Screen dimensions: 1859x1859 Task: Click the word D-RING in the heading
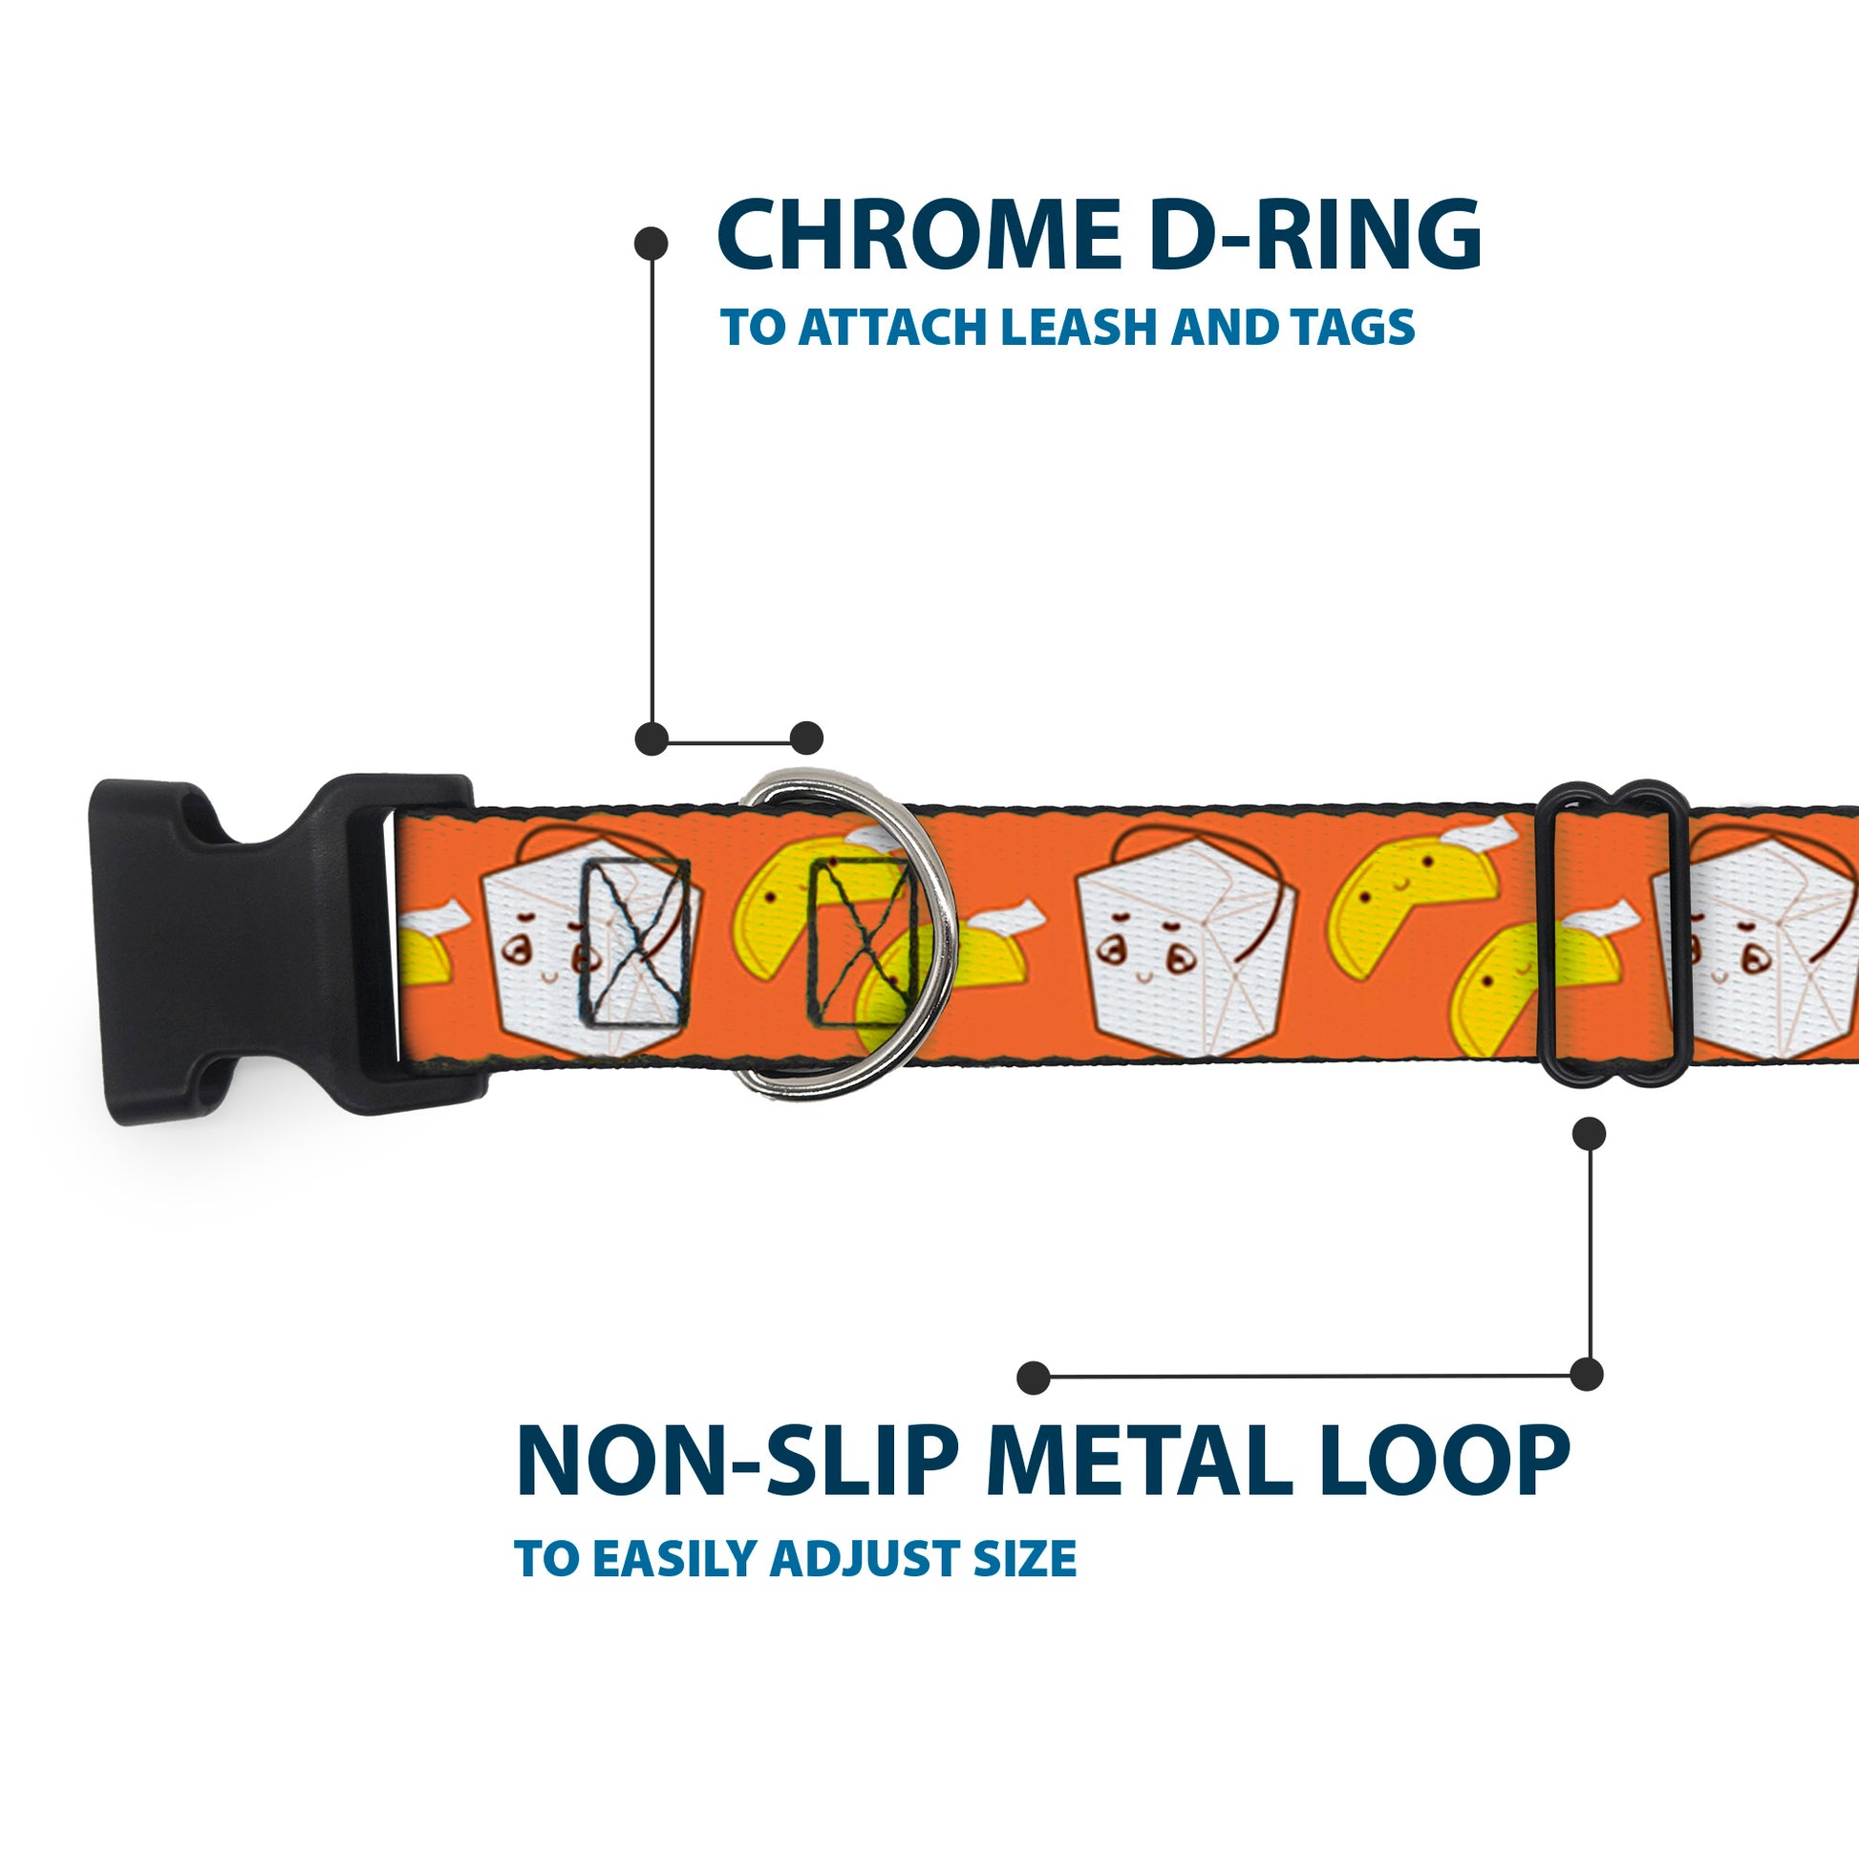1314,235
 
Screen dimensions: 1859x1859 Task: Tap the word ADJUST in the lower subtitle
865,1559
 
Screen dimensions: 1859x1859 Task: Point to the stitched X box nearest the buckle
635,942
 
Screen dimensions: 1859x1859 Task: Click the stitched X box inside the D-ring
859,942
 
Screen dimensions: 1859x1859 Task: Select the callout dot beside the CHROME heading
652,243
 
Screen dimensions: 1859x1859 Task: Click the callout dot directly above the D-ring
806,738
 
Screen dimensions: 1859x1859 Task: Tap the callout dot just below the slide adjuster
1589,1134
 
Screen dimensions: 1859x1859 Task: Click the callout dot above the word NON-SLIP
1033,1377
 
